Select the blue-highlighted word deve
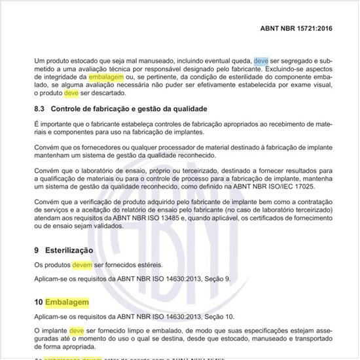pos(261,61)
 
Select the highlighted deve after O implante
pos(77,331)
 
